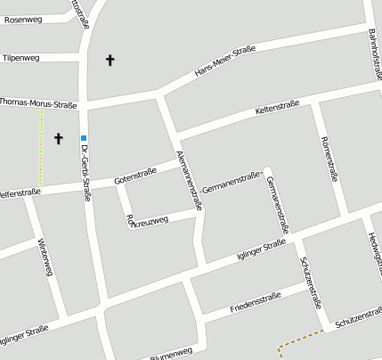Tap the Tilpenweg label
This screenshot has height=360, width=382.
[x=21, y=58]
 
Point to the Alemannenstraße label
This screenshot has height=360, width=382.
[x=190, y=179]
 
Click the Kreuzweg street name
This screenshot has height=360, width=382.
[x=147, y=219]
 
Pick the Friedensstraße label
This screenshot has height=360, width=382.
[x=255, y=301]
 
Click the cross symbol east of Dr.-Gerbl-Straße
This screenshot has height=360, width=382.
[x=110, y=61]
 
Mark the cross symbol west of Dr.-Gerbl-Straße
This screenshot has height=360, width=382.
[x=60, y=138]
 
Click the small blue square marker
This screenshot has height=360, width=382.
[x=84, y=138]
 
